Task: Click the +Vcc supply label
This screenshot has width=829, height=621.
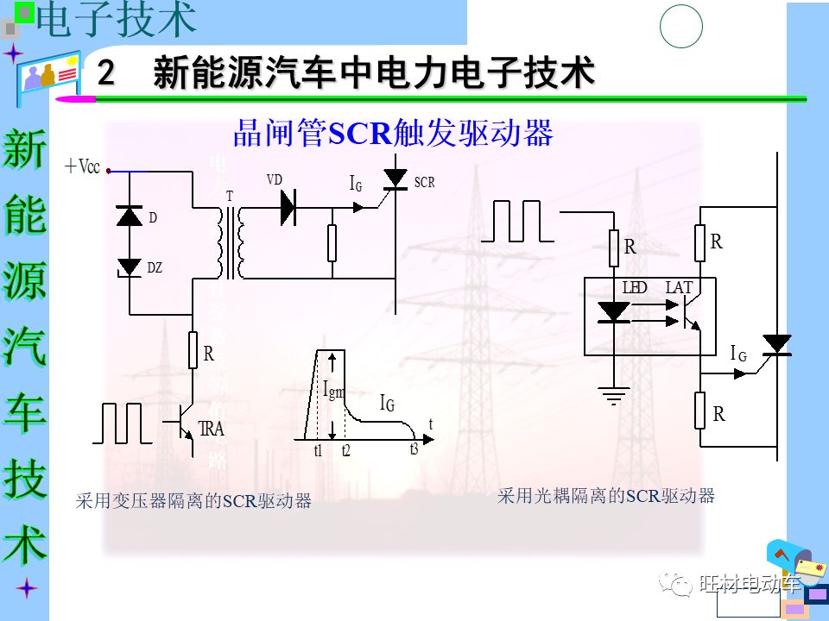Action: coord(83,167)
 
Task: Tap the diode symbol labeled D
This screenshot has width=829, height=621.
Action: coord(130,216)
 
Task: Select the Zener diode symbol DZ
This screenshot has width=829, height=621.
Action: coord(130,267)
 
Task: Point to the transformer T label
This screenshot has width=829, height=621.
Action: coord(230,197)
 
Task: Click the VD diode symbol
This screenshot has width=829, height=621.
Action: coord(288,208)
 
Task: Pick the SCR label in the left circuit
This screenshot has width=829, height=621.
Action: coord(424,183)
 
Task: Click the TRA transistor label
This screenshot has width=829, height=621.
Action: coord(212,429)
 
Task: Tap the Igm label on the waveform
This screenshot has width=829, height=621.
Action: coord(333,390)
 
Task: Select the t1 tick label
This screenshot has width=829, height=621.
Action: coord(318,451)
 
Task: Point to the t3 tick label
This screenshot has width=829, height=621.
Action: coord(414,448)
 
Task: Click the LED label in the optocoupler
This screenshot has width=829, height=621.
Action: coord(635,287)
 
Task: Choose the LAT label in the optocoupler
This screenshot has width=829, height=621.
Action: coord(679,287)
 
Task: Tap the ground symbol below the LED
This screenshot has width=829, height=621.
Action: coord(613,396)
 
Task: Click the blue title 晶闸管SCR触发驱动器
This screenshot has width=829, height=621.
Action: coord(393,134)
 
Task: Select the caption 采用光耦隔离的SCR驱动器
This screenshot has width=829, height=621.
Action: coord(606,496)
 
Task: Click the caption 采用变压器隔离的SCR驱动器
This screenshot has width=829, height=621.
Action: coord(193,501)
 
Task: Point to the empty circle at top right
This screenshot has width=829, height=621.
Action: coord(681,28)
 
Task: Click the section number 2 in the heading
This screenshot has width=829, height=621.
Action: coord(106,73)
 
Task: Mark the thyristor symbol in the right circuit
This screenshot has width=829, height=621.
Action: coord(777,344)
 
